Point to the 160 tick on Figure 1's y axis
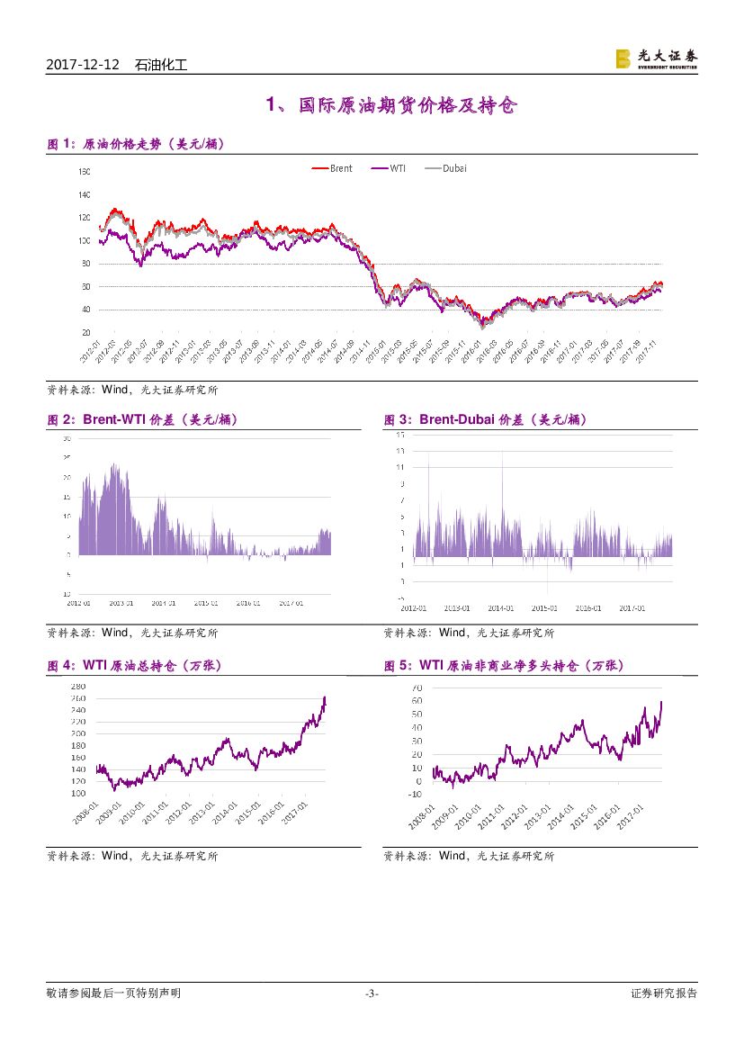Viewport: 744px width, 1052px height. [85, 171]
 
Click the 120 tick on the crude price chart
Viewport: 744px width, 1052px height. [85, 218]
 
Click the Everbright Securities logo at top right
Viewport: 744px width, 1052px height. [656, 58]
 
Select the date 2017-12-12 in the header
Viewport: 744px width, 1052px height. [82, 65]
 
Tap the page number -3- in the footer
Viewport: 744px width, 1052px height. [372, 994]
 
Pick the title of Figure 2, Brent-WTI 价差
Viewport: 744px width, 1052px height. [142, 419]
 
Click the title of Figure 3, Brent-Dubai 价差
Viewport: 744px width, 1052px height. [485, 419]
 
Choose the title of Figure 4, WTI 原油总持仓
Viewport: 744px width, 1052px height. [134, 666]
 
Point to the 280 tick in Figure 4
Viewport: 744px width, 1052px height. [77, 687]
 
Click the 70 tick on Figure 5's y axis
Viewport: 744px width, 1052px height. [416, 687]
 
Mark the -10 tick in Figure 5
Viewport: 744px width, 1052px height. [414, 794]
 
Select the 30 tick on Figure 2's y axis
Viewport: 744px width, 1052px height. [67, 439]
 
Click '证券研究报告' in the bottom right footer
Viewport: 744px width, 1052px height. [664, 994]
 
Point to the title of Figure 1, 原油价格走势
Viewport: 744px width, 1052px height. [135, 144]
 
